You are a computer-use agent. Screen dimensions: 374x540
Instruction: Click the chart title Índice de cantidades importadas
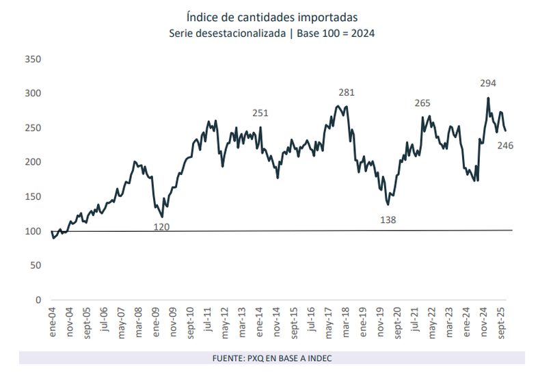click(x=270, y=16)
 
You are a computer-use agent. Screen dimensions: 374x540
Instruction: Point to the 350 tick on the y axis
click(x=33, y=59)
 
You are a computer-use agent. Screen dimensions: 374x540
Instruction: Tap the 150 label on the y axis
click(x=33, y=197)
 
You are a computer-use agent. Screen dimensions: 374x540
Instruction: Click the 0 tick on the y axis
click(x=39, y=300)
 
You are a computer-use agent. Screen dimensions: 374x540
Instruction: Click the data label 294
click(x=487, y=83)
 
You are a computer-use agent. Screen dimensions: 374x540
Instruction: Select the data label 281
click(x=347, y=92)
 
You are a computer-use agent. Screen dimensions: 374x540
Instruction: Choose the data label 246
click(x=505, y=145)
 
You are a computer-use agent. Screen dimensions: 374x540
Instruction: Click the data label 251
click(x=260, y=113)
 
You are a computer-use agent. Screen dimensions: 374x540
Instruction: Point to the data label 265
click(x=422, y=103)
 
